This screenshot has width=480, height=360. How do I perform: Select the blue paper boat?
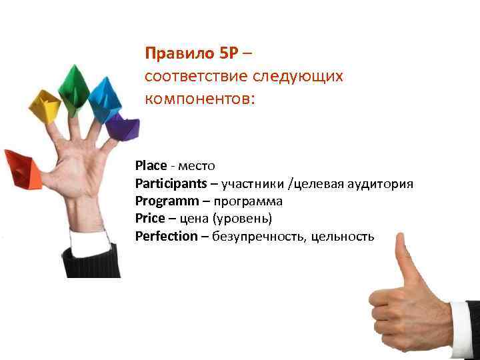[x=104, y=99]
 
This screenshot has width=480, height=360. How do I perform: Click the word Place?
[x=151, y=165]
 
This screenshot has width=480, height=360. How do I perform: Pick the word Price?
[x=148, y=218]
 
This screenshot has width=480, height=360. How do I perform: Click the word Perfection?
[x=166, y=236]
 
